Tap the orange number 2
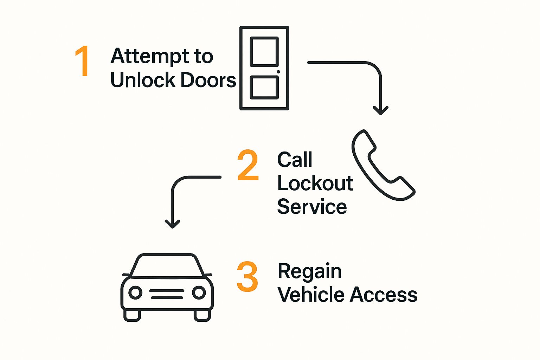[x=248, y=165]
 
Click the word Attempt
[x=145, y=56]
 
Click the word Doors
[x=209, y=80]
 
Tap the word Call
[x=295, y=160]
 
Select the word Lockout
[x=315, y=183]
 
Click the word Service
[x=312, y=207]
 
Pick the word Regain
[x=309, y=272]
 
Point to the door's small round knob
[x=278, y=72]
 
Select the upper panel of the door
[x=264, y=51]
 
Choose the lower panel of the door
[x=264, y=87]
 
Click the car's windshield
[x=167, y=266]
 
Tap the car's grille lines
[x=167, y=294]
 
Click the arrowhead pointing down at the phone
[x=380, y=110]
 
